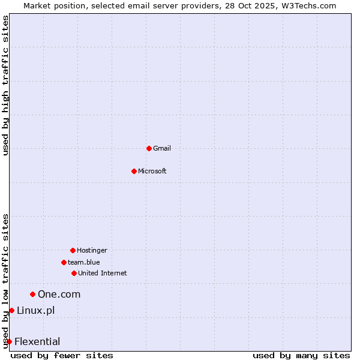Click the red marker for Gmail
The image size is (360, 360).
pyautogui.click(x=149, y=148)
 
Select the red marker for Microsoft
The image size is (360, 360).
pyautogui.click(x=134, y=171)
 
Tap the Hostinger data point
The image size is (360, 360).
pyautogui.click(x=73, y=250)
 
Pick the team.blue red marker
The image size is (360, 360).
pyautogui.click(x=64, y=262)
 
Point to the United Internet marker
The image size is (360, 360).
pyautogui.click(x=74, y=273)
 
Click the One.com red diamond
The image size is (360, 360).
pyautogui.click(x=33, y=294)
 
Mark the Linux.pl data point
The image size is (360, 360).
pyautogui.click(x=11, y=310)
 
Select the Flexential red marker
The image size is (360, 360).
pyautogui.click(x=9, y=341)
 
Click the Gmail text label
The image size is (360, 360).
pyautogui.click(x=162, y=148)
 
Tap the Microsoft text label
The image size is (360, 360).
pyautogui.click(x=152, y=171)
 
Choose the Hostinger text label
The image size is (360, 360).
pyautogui.click(x=92, y=250)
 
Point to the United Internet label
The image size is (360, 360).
pyautogui.click(x=102, y=273)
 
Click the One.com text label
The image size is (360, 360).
pyautogui.click(x=59, y=294)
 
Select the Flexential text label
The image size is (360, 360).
pyautogui.click(x=37, y=341)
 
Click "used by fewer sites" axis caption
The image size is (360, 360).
pyautogui.click(x=62, y=355)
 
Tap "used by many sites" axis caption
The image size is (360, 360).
pyautogui.click(x=301, y=355)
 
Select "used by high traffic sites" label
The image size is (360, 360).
pyautogui.click(x=6, y=85)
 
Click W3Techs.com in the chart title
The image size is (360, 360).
pyautogui.click(x=308, y=5)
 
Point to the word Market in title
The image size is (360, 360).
pyautogui.click(x=38, y=5)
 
